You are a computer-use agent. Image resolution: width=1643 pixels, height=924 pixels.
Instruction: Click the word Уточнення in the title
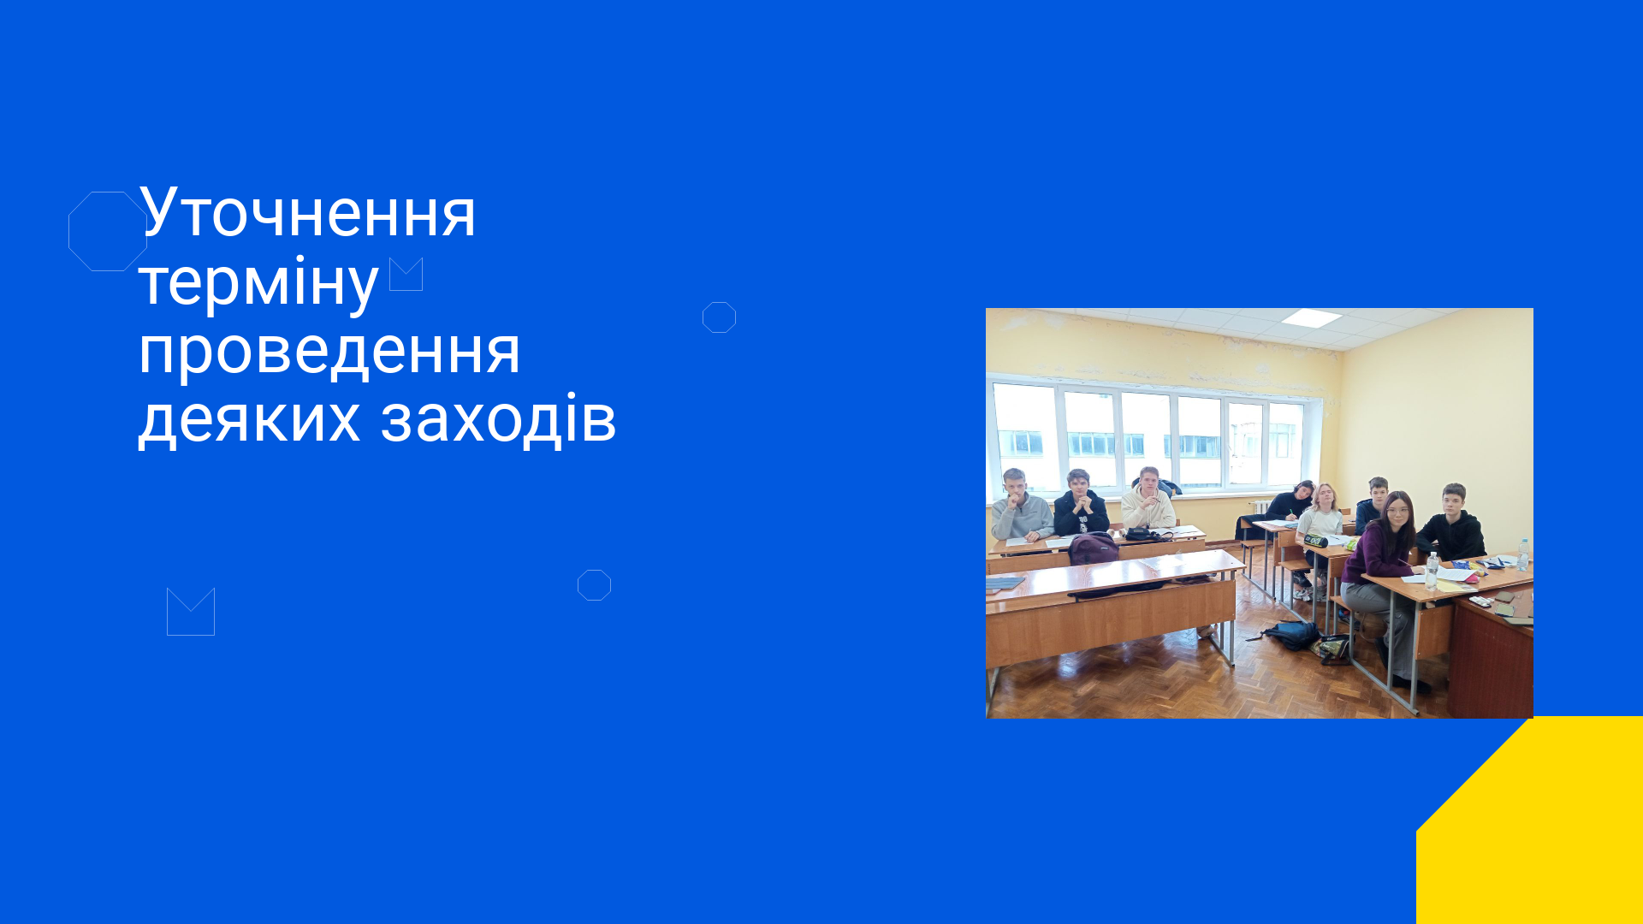(307, 212)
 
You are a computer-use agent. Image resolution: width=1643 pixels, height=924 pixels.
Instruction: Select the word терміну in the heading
(258, 282)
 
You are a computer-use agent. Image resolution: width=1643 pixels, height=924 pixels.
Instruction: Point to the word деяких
(249, 419)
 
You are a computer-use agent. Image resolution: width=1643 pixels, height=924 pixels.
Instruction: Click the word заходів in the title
(498, 418)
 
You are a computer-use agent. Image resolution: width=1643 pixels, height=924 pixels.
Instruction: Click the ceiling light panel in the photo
(1311, 318)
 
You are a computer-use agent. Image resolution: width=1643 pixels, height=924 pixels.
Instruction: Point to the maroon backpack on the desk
(1094, 548)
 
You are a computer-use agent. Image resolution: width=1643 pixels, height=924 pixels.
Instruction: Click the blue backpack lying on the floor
(1290, 635)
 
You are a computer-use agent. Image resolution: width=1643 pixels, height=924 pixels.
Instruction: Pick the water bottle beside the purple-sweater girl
(1432, 571)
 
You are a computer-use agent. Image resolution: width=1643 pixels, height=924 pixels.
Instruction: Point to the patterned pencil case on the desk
(1315, 541)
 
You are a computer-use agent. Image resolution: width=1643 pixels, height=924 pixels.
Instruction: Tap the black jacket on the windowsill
(1161, 486)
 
